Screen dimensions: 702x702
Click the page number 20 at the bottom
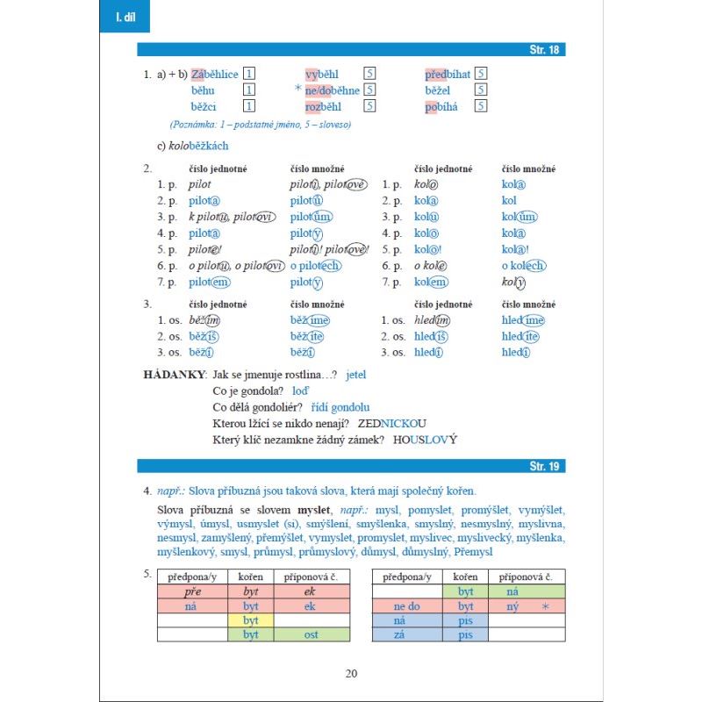point(351,673)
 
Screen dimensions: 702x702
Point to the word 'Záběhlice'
point(214,75)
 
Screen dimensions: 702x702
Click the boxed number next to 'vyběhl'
point(369,75)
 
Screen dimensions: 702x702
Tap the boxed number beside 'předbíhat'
point(482,75)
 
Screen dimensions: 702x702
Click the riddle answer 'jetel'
point(355,375)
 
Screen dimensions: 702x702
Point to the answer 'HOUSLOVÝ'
point(426,440)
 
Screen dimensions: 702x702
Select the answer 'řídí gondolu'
point(340,407)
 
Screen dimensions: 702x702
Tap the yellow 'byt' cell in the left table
point(251,620)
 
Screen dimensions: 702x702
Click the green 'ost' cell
point(310,635)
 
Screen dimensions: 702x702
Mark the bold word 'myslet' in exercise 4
point(313,509)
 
